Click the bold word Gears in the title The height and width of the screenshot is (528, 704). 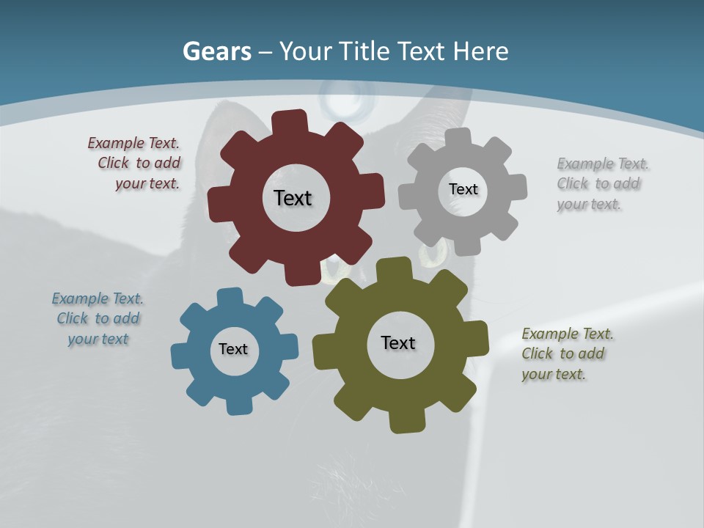click(x=216, y=51)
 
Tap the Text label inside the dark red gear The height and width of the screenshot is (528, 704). click(x=293, y=198)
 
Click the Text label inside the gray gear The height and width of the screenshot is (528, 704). click(x=463, y=189)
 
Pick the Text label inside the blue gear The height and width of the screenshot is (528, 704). click(x=233, y=349)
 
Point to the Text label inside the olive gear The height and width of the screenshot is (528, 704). click(x=398, y=342)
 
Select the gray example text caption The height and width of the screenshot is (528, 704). click(x=603, y=183)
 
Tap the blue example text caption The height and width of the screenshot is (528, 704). click(x=98, y=318)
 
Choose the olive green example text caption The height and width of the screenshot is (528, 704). click(x=568, y=353)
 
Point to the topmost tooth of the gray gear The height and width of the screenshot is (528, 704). click(x=459, y=137)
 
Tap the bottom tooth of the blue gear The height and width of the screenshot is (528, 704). click(x=238, y=405)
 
